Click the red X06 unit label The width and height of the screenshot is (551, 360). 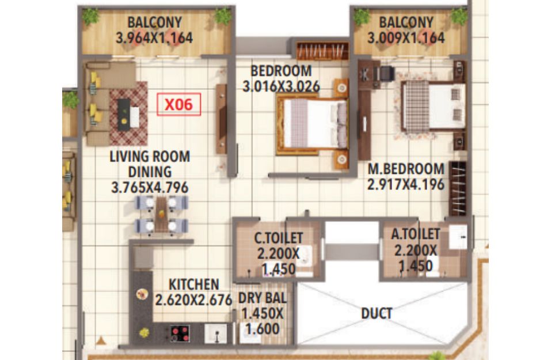(x=179, y=104)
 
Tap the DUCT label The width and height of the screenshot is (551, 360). (x=377, y=313)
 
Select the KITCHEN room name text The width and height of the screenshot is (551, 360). (x=193, y=285)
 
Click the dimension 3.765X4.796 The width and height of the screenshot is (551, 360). (x=150, y=188)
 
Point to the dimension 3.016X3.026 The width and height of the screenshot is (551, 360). (x=281, y=86)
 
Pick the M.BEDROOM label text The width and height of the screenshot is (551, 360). (x=406, y=169)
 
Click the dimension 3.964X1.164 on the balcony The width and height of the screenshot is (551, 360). (x=154, y=38)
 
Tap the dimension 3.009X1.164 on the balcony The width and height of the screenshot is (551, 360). (x=406, y=38)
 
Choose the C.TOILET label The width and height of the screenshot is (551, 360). (x=278, y=238)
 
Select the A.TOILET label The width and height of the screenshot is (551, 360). (x=415, y=234)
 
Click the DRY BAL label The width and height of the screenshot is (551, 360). (x=263, y=298)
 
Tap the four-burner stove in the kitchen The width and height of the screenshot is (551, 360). (x=180, y=334)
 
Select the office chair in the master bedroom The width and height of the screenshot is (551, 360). (x=387, y=74)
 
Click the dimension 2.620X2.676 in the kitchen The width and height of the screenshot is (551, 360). (x=193, y=300)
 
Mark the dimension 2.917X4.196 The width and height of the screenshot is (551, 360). (x=406, y=184)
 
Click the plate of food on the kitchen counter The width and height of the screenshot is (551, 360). (x=142, y=294)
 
